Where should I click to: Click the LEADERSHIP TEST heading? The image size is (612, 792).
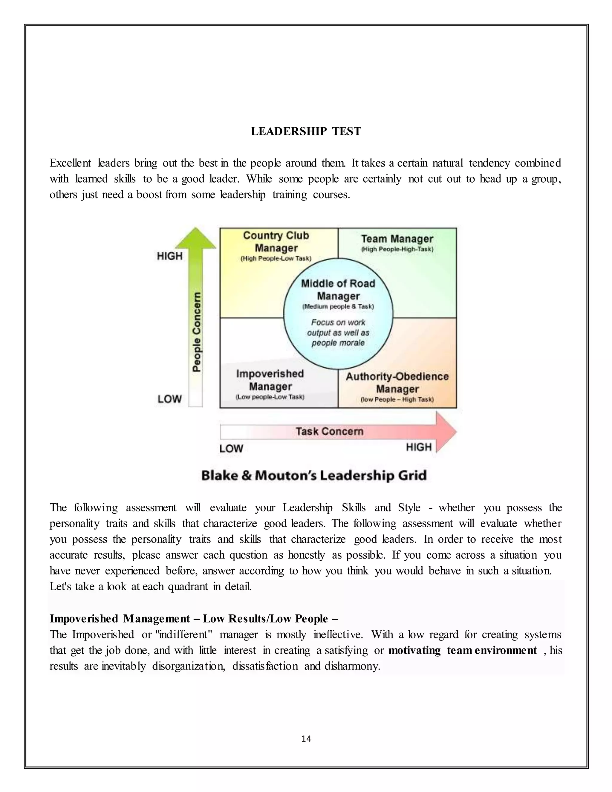click(x=306, y=131)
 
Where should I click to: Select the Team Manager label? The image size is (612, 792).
click(x=397, y=239)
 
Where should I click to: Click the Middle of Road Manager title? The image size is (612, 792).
click(x=338, y=289)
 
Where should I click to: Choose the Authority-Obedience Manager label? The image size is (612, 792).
click(x=397, y=383)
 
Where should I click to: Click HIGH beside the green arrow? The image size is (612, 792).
click(x=169, y=256)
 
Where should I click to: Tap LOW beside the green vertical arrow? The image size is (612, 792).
click(x=169, y=399)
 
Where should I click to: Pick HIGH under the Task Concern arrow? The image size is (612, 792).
click(x=419, y=447)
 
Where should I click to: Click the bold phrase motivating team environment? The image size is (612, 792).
click(x=462, y=650)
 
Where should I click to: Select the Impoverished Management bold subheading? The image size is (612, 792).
click(x=120, y=619)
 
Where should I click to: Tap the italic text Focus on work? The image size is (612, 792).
click(x=338, y=322)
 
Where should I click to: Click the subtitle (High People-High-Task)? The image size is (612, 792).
click(x=397, y=250)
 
